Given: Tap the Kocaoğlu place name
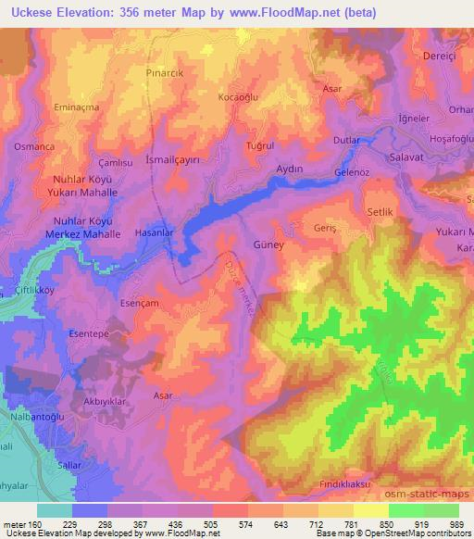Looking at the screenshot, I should (x=236, y=97).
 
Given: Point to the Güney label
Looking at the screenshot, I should (x=268, y=247).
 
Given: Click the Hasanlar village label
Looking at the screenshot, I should (x=155, y=232).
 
